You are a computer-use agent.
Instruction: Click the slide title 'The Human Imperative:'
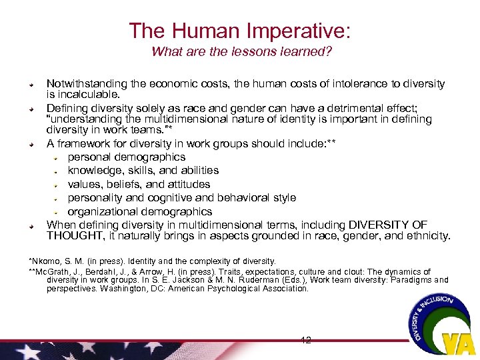pyautogui.click(x=240, y=30)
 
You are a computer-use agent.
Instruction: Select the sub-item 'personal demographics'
pyautogui.click(x=127, y=157)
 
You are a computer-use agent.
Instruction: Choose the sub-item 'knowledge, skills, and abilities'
pyautogui.click(x=143, y=171)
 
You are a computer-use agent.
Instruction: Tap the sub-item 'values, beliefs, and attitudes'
pyautogui.click(x=139, y=184)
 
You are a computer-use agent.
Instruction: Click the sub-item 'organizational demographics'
pyautogui.click(x=140, y=211)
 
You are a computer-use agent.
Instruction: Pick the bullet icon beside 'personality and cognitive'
pyautogui.click(x=58, y=198)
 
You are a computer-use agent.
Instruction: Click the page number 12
pyautogui.click(x=306, y=340)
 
